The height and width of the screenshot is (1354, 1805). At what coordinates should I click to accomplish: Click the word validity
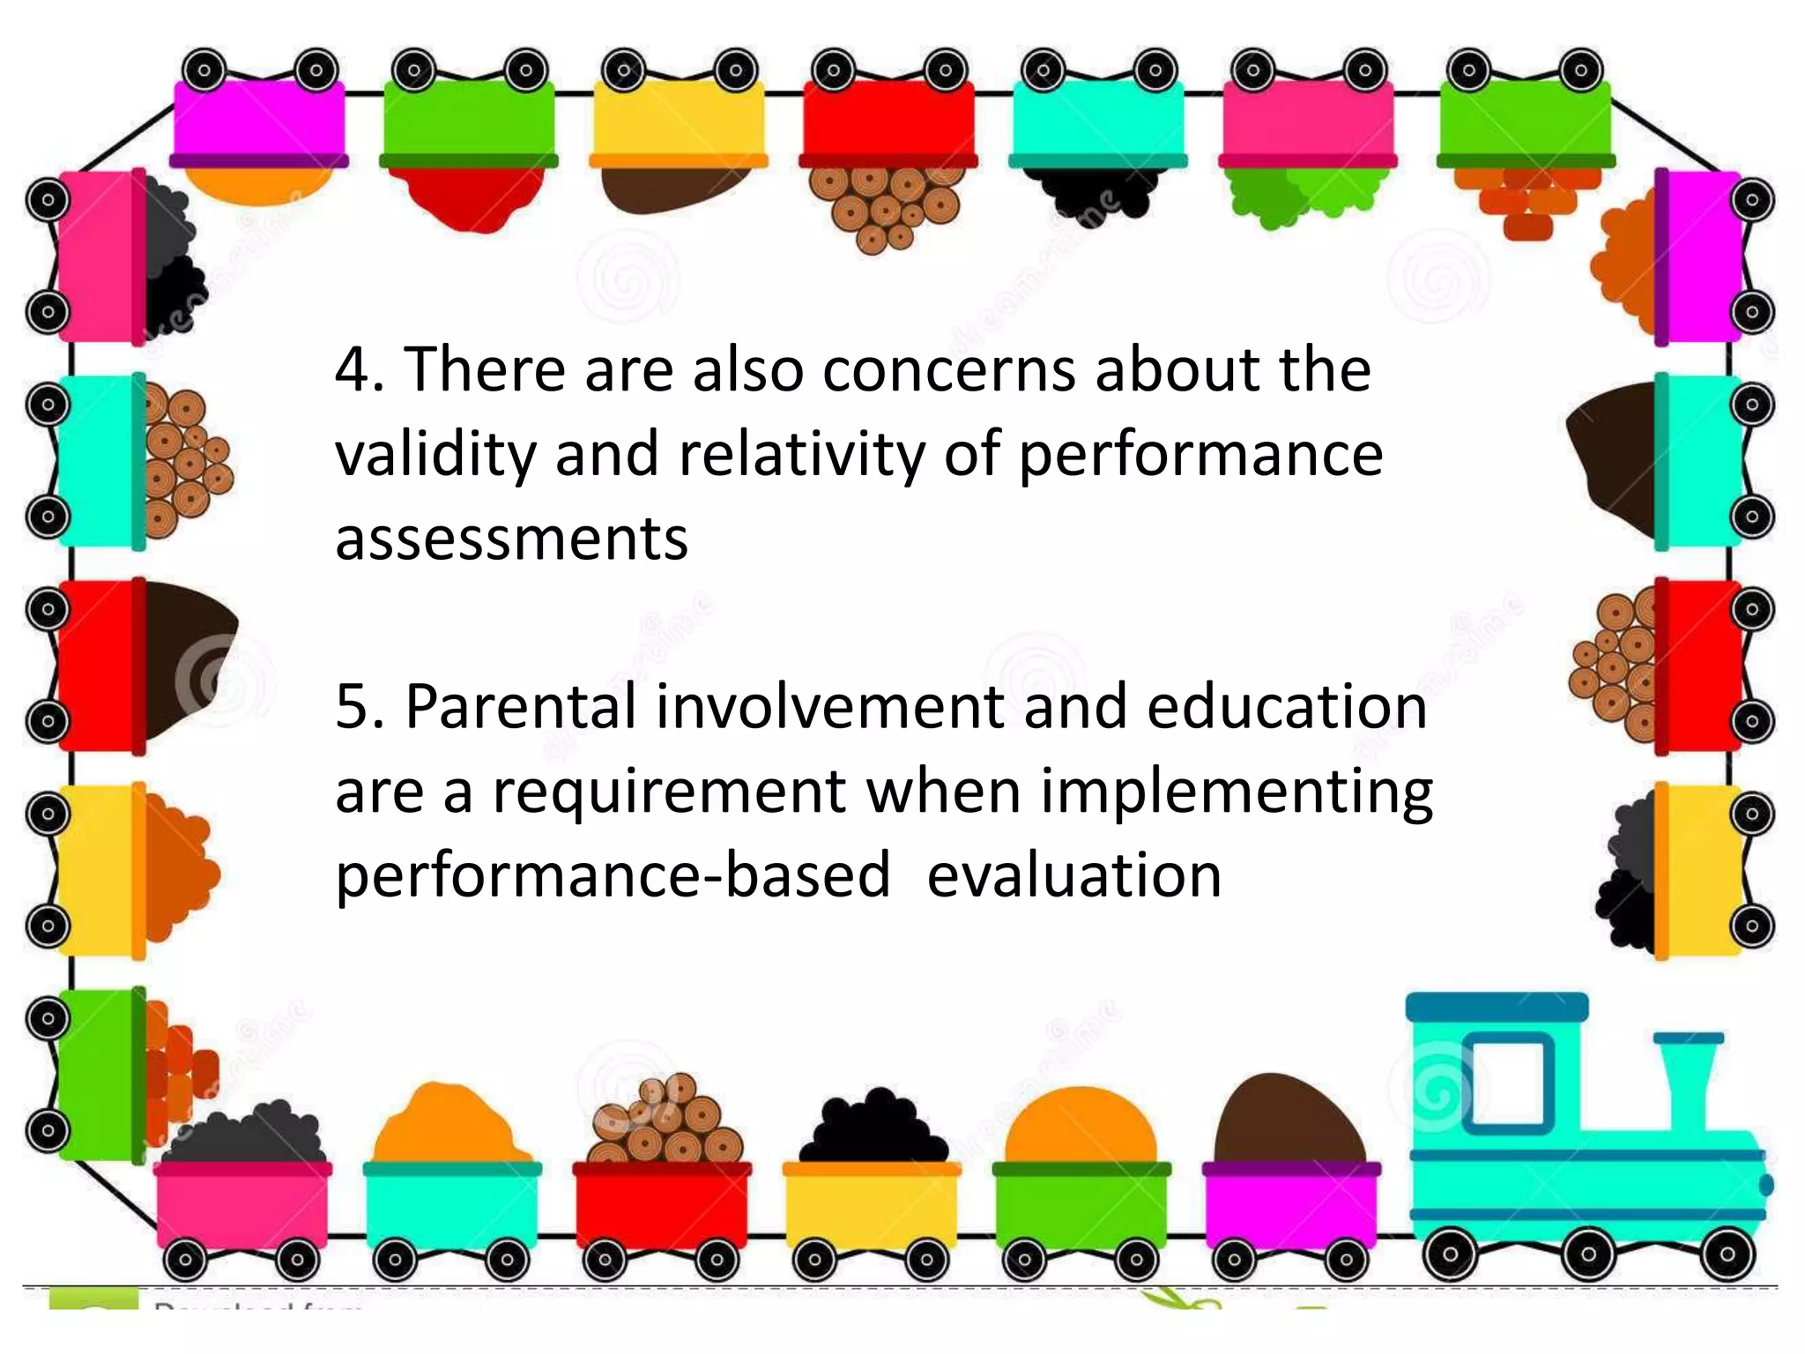coord(435,455)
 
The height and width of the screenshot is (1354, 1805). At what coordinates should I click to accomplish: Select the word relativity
coord(801,455)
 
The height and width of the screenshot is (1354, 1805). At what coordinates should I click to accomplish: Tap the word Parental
coord(520,708)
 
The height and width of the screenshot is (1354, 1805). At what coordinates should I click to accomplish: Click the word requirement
coord(669,792)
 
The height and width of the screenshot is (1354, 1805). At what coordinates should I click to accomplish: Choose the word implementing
coord(1237,792)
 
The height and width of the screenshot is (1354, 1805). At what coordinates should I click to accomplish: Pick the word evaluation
coord(1073,876)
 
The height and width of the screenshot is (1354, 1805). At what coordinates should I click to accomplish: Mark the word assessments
coord(511,539)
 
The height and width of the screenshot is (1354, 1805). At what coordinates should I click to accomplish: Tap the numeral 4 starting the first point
coord(353,370)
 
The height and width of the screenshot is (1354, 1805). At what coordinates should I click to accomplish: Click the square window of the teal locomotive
coord(1508,1082)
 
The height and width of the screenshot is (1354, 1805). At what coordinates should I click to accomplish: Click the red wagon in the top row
coord(888,123)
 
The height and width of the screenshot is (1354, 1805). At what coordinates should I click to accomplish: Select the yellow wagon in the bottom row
coord(871,1203)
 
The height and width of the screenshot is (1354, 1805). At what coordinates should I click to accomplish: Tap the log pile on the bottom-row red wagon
coord(665,1120)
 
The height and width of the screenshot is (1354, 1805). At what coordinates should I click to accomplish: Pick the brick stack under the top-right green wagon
coord(1526,201)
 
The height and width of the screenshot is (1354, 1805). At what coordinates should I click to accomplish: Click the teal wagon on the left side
coord(99,461)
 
